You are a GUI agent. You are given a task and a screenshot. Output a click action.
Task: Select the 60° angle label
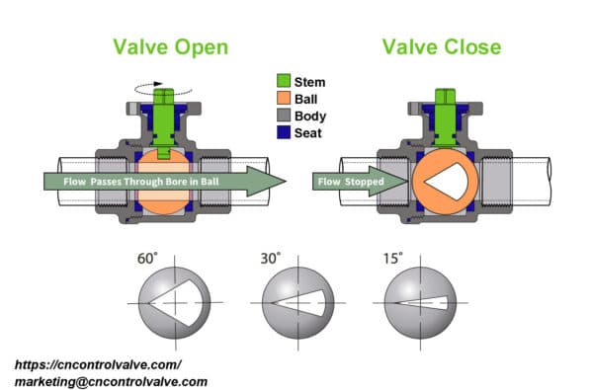pyautogui.click(x=147, y=260)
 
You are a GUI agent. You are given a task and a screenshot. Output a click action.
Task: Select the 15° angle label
pyautogui.click(x=393, y=260)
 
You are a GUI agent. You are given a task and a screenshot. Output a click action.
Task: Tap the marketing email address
pyautogui.click(x=111, y=380)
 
